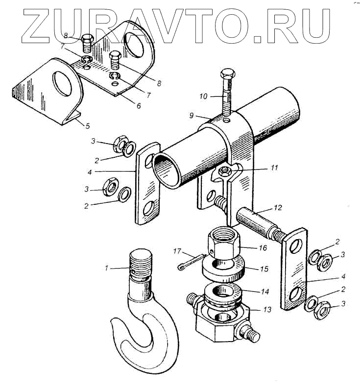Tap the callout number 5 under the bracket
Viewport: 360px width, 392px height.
coord(87,126)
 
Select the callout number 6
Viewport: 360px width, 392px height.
coord(139,105)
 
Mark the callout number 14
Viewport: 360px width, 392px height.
coord(265,291)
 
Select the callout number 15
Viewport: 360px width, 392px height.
coord(264,269)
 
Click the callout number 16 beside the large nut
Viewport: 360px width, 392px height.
coord(263,248)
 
